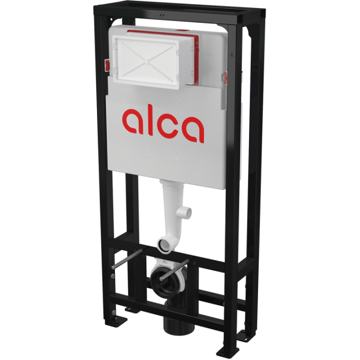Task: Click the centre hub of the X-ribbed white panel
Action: pos(146,61)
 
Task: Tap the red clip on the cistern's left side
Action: pos(107,65)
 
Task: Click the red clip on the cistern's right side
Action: pos(225,77)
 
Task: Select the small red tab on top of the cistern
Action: pos(183,30)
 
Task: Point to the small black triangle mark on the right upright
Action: pos(231,54)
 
